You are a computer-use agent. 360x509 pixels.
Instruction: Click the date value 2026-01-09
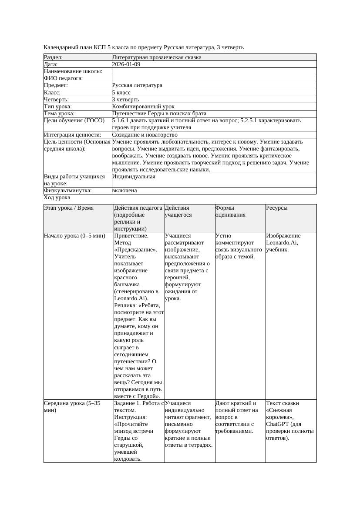point(126,64)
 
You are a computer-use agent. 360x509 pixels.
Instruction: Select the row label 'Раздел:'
point(54,57)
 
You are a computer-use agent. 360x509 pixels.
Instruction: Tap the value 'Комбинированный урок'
point(143,107)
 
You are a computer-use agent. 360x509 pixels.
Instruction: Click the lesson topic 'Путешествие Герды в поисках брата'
point(159,114)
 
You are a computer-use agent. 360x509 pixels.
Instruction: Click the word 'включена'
point(124,191)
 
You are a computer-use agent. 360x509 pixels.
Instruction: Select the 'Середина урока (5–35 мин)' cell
point(72,406)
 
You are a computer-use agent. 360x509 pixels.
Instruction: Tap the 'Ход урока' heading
point(57,198)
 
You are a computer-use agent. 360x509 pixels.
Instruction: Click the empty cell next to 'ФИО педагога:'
point(214,78)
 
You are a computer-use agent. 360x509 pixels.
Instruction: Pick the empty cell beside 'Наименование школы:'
point(214,71)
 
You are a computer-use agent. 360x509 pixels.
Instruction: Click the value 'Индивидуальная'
point(134,177)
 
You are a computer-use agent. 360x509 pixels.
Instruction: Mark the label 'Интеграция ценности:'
point(73,135)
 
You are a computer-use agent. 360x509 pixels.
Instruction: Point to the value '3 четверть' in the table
point(125,100)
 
